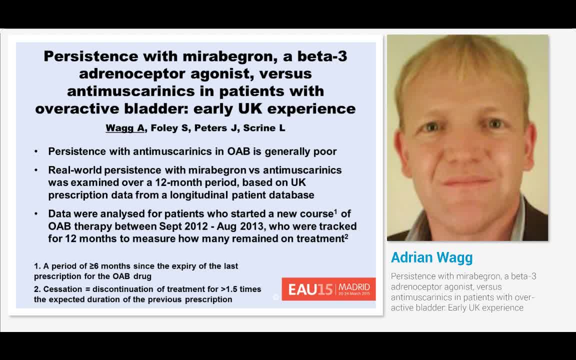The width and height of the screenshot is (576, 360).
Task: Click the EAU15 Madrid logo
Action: pyautogui.click(x=328, y=289)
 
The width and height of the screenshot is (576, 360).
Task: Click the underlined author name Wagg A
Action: pyautogui.click(x=125, y=128)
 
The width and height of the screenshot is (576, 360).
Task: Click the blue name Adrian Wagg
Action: pyautogui.click(x=431, y=257)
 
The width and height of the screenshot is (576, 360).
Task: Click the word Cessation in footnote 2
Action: pyautogui.click(x=64, y=289)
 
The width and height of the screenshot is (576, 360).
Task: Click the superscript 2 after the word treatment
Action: pyautogui.click(x=346, y=236)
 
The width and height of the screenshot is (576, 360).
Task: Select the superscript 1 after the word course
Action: pyautogui.click(x=335, y=211)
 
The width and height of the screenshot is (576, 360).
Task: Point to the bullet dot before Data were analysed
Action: pyautogui.click(x=36, y=214)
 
